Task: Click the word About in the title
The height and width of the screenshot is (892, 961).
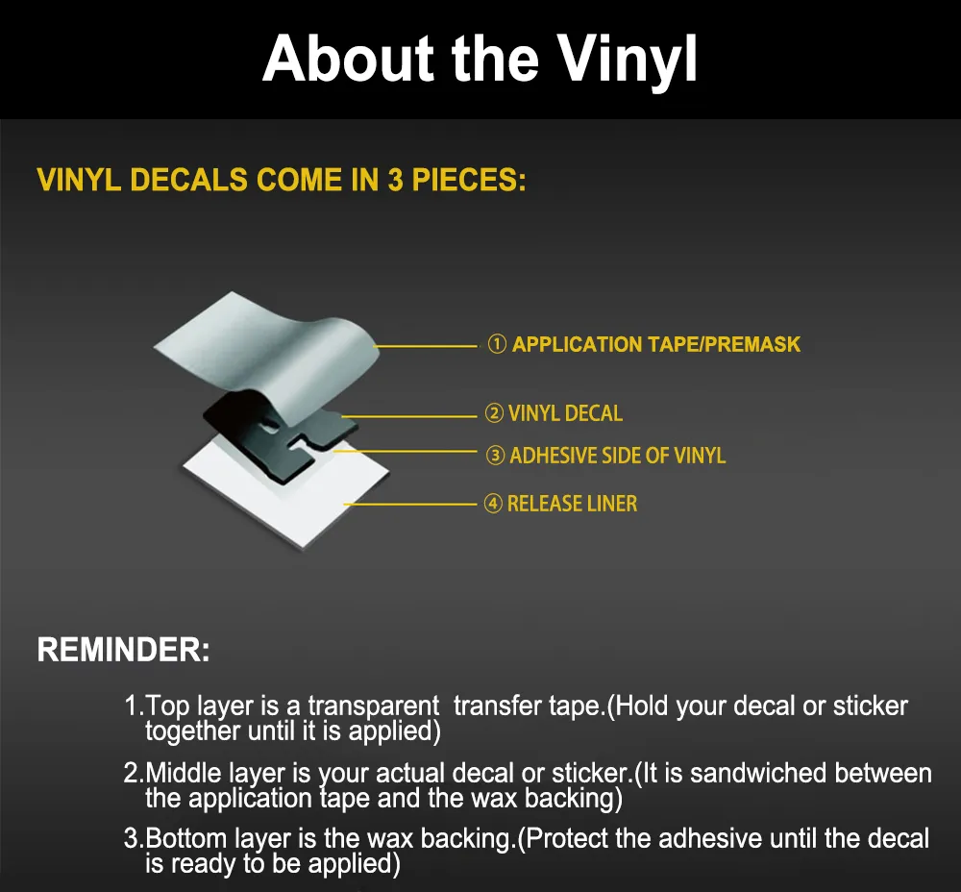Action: [348, 60]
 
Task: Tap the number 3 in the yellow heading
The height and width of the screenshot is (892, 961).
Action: [395, 180]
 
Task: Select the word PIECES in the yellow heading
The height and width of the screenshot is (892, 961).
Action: [468, 180]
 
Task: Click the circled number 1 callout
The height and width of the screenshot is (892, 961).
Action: [497, 344]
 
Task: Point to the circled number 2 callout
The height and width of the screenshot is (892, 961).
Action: [494, 413]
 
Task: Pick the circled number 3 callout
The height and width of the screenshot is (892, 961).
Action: [495, 456]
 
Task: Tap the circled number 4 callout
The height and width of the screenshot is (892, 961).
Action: [493, 504]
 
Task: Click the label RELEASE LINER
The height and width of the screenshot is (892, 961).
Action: [573, 504]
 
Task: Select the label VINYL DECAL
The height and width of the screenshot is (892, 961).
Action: [566, 413]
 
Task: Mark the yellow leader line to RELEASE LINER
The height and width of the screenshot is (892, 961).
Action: [410, 504]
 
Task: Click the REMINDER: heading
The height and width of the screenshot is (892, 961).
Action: [123, 650]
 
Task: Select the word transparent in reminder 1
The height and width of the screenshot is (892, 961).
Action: [373, 706]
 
